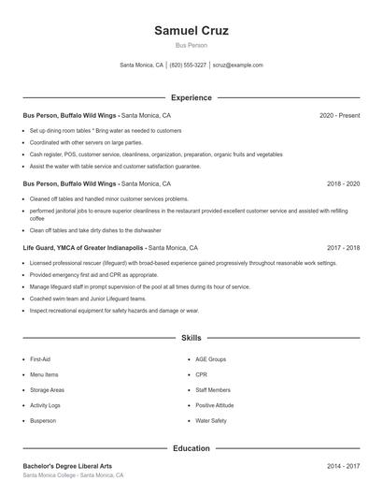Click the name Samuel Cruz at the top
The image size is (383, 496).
click(x=191, y=31)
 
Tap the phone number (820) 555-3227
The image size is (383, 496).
click(x=189, y=66)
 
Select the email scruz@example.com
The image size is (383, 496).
click(x=238, y=66)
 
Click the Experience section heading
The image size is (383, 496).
click(x=191, y=97)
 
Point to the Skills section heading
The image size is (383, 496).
click(x=191, y=337)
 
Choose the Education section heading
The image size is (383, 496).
click(x=191, y=448)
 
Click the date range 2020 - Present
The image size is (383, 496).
click(x=339, y=115)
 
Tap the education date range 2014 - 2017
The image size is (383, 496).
click(x=344, y=465)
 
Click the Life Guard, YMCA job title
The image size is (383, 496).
click(x=84, y=248)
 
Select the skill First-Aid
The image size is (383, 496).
click(x=40, y=359)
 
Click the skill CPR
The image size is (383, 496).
click(x=201, y=374)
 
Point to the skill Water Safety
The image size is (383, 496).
click(x=210, y=421)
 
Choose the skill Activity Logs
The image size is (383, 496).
click(x=45, y=405)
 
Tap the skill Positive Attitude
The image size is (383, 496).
click(x=214, y=405)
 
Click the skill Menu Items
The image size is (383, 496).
click(x=44, y=374)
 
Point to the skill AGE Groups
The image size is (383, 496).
click(x=210, y=359)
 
